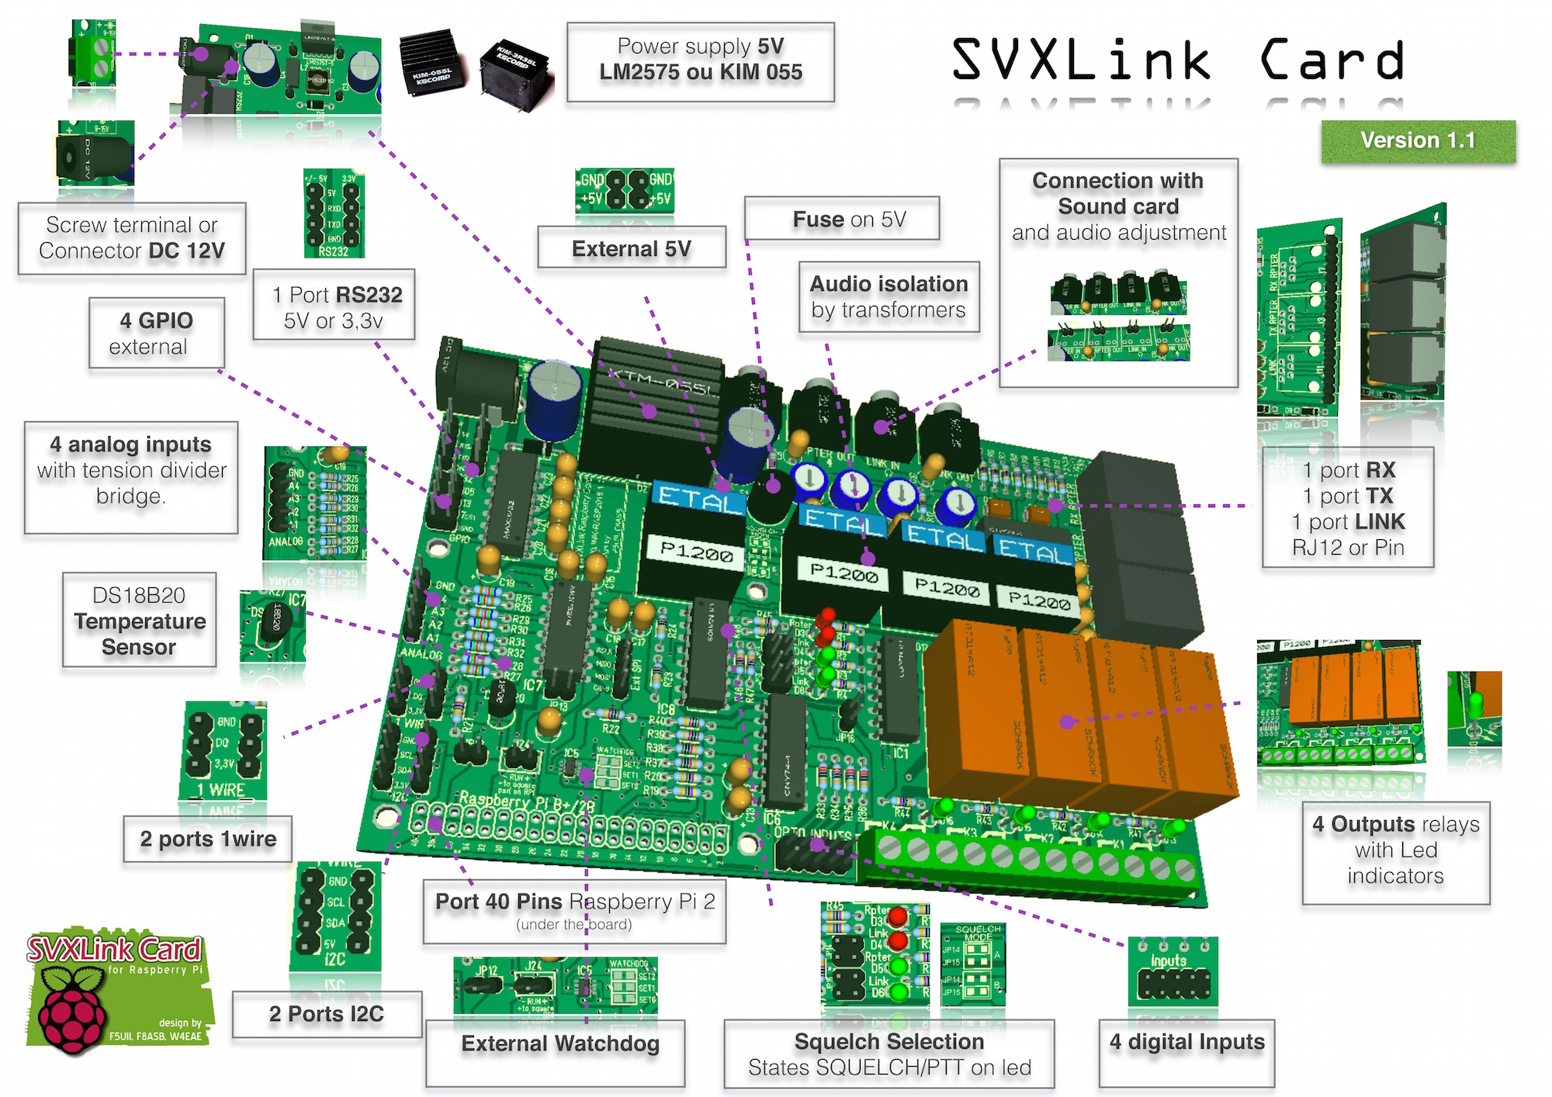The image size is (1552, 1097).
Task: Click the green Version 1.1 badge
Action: coord(1418,141)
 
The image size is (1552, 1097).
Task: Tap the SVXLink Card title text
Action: coord(1177,60)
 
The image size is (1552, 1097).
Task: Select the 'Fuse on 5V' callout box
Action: coord(842,219)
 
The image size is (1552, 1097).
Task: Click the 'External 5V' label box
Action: coord(632,248)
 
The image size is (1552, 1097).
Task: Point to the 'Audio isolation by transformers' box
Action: coord(889,297)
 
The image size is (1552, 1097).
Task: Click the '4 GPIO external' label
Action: coord(156,333)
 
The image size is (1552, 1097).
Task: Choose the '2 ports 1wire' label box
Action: coord(207,839)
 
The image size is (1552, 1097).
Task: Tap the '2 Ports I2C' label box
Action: coord(327,1014)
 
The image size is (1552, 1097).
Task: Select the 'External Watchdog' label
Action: coord(559,1045)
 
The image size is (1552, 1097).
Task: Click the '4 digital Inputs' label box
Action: coord(1187,1043)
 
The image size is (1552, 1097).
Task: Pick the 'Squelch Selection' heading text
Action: coord(889,1041)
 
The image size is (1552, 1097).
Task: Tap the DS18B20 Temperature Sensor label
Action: coord(140,621)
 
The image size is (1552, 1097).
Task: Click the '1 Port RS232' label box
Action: coord(334,306)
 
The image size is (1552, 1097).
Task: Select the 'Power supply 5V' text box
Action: coord(700,61)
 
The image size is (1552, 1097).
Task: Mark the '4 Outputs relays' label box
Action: coord(1395,851)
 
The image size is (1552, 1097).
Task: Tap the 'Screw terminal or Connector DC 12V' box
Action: coord(132,238)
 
